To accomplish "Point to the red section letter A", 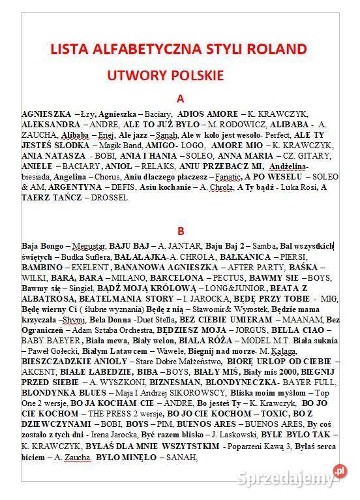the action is [181, 99].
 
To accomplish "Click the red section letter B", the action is [181, 230].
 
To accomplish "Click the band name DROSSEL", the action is [109, 196].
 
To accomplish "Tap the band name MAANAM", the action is [301, 319].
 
